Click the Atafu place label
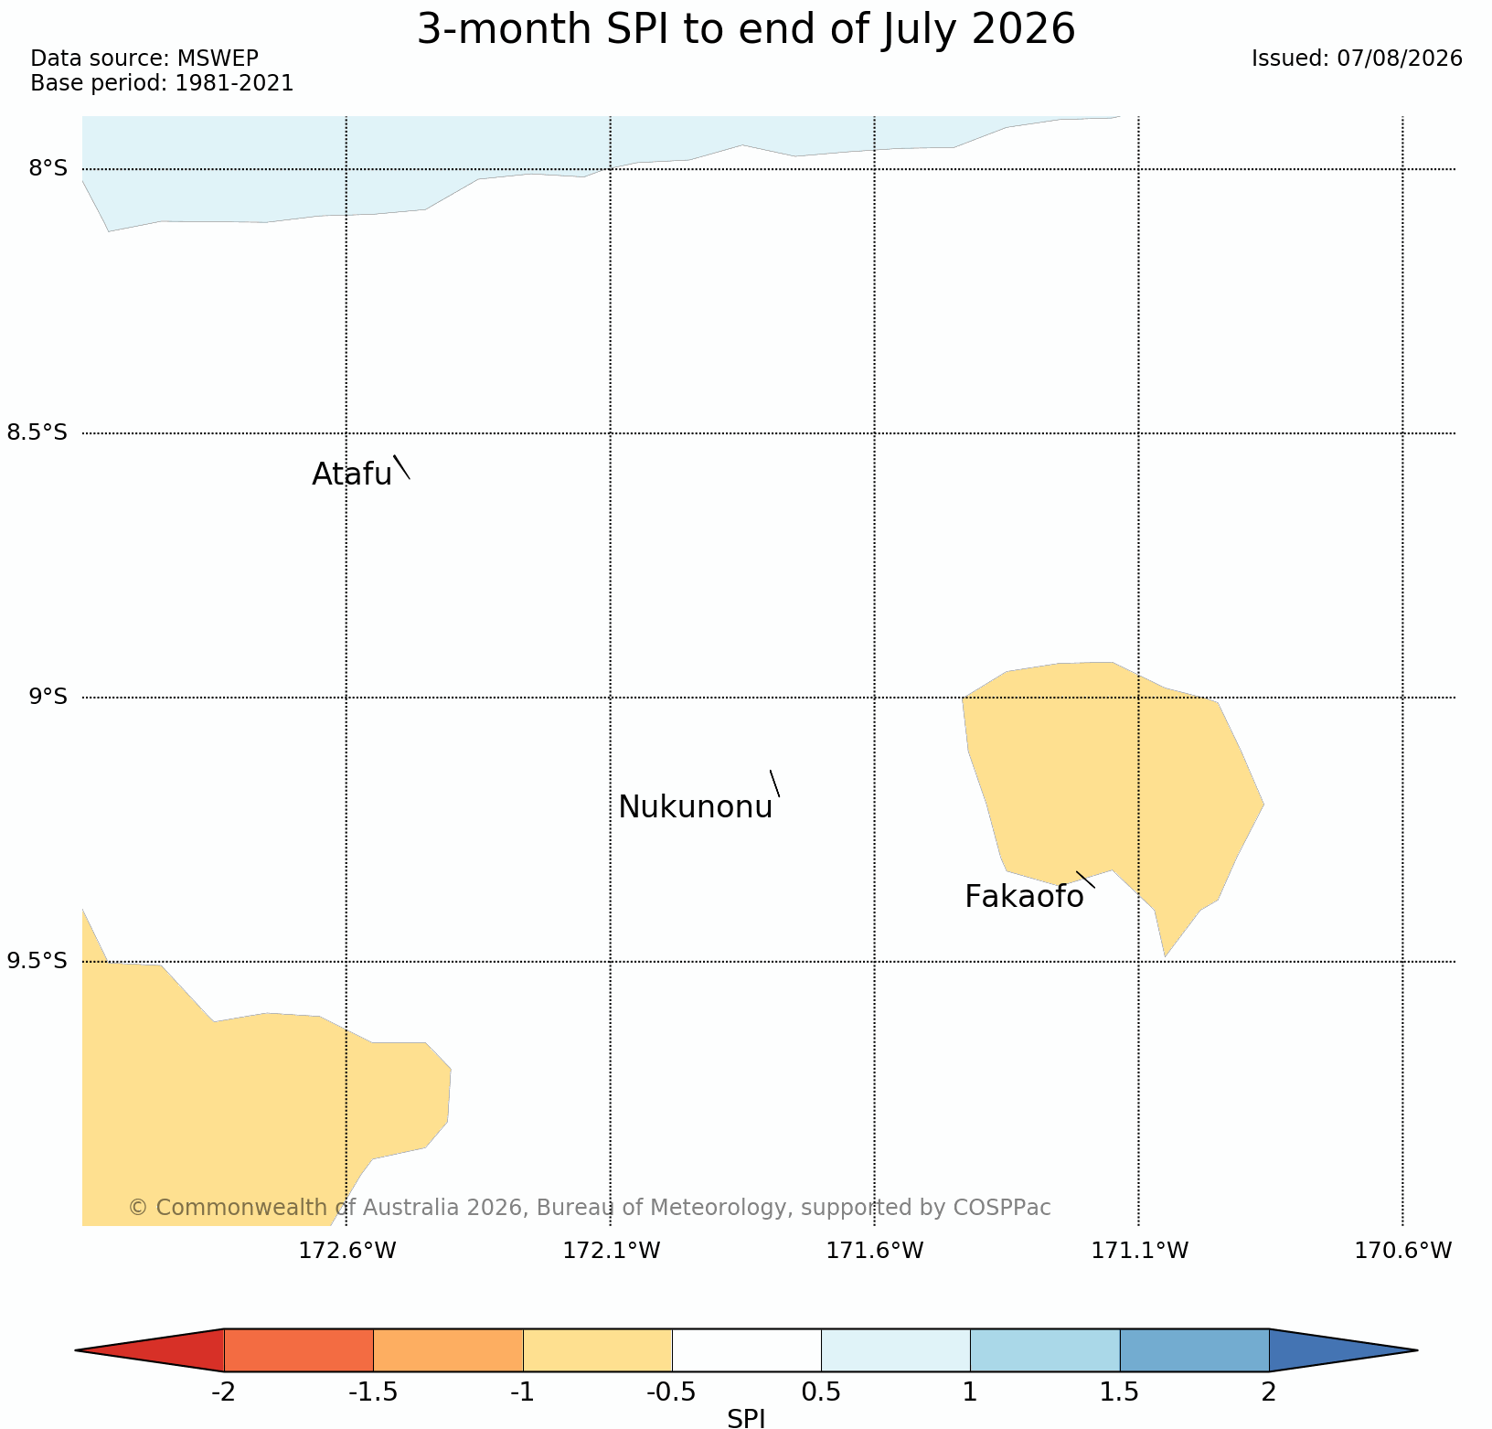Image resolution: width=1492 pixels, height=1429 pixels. click(352, 474)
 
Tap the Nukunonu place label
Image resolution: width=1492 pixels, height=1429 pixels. click(696, 807)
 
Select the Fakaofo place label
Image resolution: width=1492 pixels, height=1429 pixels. click(1024, 897)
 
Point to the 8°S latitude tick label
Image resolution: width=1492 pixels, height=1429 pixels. click(48, 168)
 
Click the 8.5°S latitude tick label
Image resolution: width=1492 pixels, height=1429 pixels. click(37, 432)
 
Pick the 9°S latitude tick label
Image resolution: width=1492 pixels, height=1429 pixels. click(48, 697)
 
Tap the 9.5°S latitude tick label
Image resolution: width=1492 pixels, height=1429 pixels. click(37, 961)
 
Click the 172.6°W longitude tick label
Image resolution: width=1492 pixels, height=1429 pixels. click(347, 1250)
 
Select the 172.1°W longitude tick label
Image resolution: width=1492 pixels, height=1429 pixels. click(612, 1250)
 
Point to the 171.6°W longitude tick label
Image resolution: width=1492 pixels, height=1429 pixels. click(875, 1250)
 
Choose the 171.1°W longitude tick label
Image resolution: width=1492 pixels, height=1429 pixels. click(1140, 1250)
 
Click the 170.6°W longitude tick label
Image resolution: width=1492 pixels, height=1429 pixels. click(1403, 1250)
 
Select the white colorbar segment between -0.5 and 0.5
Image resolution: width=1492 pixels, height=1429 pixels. click(747, 1350)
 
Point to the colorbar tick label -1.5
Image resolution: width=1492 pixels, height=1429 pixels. click(373, 1392)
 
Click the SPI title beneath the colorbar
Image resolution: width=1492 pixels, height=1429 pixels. click(746, 1418)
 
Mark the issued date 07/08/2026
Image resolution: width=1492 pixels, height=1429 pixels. click(1401, 59)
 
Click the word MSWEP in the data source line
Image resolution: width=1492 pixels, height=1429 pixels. click(218, 59)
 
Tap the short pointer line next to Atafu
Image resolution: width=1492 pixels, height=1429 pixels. click(401, 467)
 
